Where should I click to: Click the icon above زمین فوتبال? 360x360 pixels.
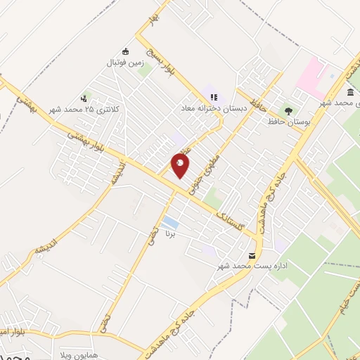click(x=126, y=51)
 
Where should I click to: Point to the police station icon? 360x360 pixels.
click(x=84, y=98)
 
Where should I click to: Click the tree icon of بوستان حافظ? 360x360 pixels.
click(x=288, y=110)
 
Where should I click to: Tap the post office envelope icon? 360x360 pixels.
click(x=252, y=255)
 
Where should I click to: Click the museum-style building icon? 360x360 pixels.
click(x=350, y=92)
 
